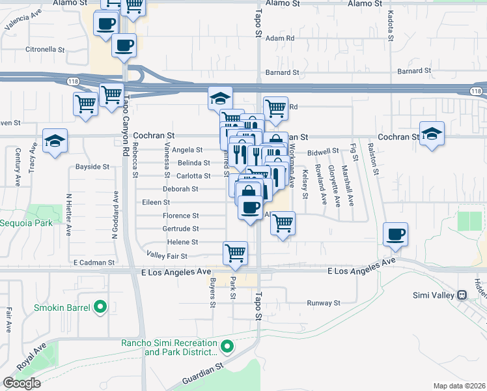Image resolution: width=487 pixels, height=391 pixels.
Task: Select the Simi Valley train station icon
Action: coord(462,295)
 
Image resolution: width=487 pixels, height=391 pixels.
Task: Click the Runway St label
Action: coord(324,303)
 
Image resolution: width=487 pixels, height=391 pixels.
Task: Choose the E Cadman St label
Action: coord(94,263)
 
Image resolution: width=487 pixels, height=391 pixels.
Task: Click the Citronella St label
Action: coord(45,49)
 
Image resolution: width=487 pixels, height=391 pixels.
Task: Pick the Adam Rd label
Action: coord(280,38)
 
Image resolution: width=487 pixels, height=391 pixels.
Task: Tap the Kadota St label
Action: coord(390,25)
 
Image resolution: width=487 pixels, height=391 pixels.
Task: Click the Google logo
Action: coord(21,383)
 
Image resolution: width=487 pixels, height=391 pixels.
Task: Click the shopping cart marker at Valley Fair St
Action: coord(235,253)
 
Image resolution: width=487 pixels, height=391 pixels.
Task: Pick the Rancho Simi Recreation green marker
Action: coord(227,346)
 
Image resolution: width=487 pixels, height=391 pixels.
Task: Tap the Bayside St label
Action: coord(92,167)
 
